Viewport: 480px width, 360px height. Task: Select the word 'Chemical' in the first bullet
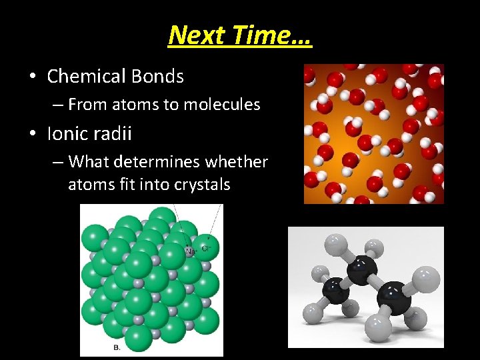pos(85,77)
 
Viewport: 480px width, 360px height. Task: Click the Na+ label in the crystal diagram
pos(190,251)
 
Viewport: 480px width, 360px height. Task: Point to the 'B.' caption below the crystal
pos(117,348)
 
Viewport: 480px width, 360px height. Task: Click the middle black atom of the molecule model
pos(363,269)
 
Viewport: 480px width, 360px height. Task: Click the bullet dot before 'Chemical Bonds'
pos(33,77)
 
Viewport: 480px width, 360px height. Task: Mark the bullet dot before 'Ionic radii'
pos(33,134)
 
